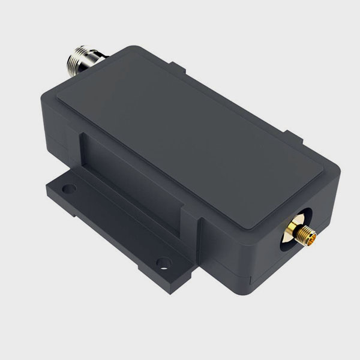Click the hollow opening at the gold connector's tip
tap(310, 235)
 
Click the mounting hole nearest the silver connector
tap(69, 188)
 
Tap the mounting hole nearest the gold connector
tap(163, 262)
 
